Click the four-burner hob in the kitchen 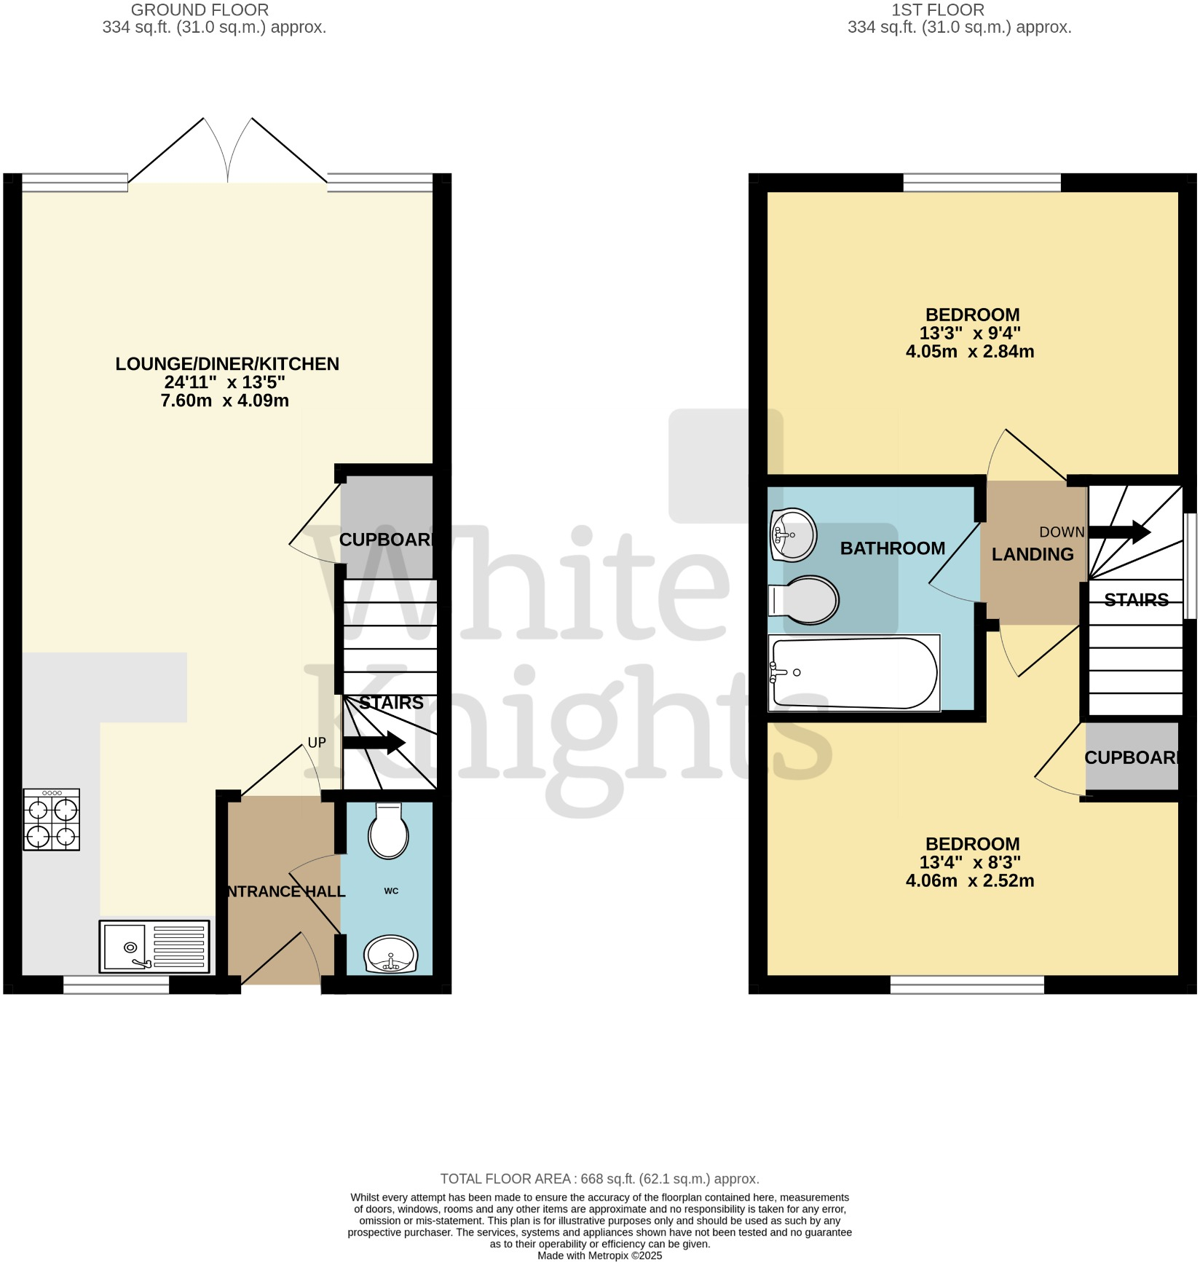51,819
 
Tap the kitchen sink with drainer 154,946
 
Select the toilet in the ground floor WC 389,832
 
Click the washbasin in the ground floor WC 391,955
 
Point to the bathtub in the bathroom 855,673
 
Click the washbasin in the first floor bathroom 793,535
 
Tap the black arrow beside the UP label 374,743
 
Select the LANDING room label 1033,554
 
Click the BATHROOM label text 893,548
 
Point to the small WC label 391,891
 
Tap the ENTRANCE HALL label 285,891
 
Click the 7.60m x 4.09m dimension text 225,401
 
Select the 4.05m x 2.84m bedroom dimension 970,351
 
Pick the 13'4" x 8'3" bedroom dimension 970,862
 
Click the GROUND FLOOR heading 200,10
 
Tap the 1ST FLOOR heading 938,10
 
